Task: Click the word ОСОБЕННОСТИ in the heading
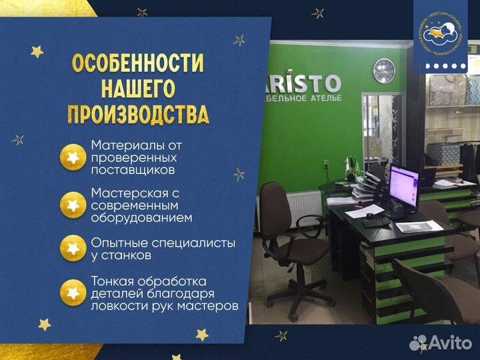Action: point(138,64)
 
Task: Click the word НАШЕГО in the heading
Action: point(138,89)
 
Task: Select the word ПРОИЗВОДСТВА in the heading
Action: point(138,114)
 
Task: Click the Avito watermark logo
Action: point(442,343)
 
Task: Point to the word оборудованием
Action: point(141,217)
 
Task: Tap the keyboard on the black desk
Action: point(377,221)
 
